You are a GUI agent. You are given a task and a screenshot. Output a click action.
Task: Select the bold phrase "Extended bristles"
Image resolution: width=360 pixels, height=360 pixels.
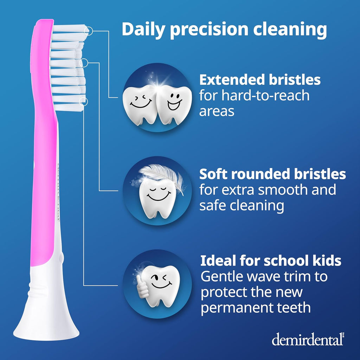coord(260,80)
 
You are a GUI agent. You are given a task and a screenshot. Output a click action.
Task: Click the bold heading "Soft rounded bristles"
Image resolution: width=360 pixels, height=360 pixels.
coord(272,174)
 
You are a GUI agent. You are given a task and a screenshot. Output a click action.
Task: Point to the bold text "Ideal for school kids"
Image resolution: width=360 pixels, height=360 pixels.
coord(271,261)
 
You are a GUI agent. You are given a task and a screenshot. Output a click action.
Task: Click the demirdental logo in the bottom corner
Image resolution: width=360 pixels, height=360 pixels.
coord(307,340)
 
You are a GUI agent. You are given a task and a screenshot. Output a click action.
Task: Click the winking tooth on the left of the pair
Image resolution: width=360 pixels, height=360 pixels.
coord(140,104)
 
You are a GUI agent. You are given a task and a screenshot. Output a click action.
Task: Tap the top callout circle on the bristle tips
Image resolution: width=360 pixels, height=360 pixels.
coord(89,31)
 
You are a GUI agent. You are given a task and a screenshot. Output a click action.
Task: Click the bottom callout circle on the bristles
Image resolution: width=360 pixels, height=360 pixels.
coord(84,102)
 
